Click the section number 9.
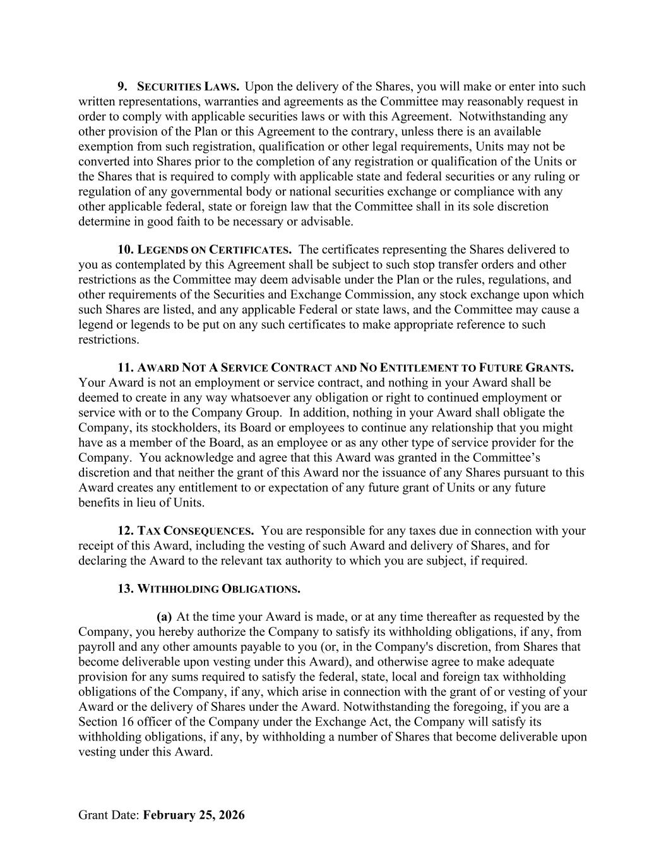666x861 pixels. [123, 86]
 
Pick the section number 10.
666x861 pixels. [126, 250]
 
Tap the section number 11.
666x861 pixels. [126, 368]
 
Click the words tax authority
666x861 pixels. [347, 561]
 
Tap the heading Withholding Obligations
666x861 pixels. [218, 589]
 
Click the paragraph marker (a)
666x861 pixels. [164, 617]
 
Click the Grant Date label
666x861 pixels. [109, 815]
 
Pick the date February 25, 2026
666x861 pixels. [194, 815]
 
